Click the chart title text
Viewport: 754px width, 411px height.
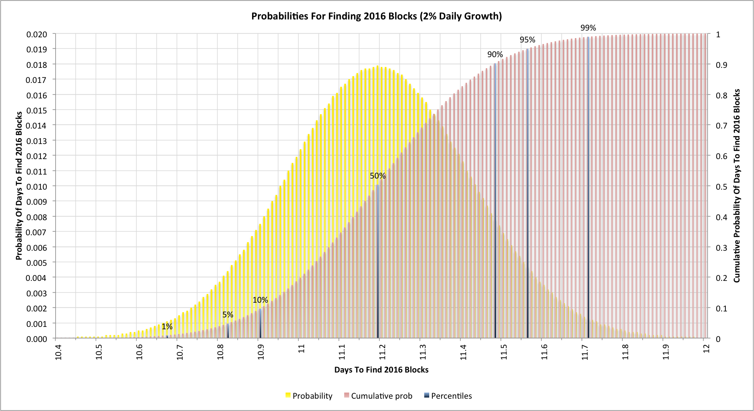click(376, 16)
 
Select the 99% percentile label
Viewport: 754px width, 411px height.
click(588, 28)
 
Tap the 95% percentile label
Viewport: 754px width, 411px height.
click(527, 40)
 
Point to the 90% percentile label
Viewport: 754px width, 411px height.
click(495, 54)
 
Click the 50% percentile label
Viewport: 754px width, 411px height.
click(378, 176)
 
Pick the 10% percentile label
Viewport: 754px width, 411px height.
click(260, 300)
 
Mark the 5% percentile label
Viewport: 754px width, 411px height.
click(228, 315)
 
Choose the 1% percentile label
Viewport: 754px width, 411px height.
click(167, 326)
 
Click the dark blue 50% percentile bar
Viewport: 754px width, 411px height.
click(378, 262)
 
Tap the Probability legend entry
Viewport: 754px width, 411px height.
click(309, 396)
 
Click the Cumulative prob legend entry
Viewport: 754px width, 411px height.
click(378, 396)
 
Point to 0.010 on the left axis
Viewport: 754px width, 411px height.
click(37, 186)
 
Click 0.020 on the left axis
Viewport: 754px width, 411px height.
click(37, 35)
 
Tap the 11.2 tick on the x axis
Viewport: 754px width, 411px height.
click(382, 352)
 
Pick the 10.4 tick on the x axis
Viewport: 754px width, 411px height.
click(58, 352)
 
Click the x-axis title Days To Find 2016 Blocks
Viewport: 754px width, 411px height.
click(381, 370)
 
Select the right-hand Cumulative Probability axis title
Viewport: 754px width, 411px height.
click(737, 186)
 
